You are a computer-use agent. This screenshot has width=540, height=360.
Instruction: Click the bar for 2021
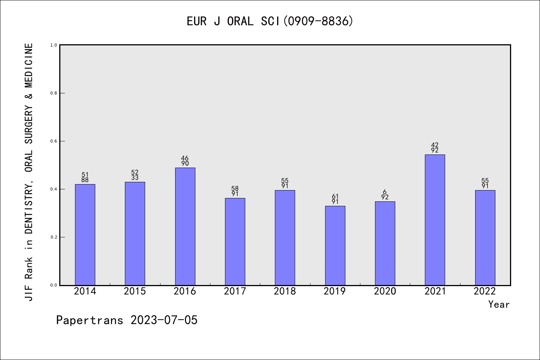pos(435,220)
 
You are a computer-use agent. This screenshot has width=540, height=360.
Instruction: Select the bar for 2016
pos(185,226)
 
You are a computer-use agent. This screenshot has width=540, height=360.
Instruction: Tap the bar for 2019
pos(335,246)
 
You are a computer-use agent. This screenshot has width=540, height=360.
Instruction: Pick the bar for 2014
pos(85,234)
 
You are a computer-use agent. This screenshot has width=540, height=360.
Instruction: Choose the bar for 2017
pos(235,241)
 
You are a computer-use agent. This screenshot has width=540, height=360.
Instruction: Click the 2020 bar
pos(385,243)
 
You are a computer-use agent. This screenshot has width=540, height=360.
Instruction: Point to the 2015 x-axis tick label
pos(135,291)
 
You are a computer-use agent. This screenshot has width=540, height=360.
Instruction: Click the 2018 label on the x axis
pos(285,291)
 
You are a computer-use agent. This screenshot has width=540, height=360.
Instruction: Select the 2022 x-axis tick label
pos(485,291)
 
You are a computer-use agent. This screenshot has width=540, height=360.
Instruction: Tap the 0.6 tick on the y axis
pos(54,141)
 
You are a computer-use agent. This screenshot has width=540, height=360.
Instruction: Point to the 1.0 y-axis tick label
pos(54,45)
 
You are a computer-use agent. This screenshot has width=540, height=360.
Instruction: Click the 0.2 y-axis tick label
pos(54,237)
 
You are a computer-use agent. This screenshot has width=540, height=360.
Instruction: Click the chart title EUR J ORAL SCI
pos(270,21)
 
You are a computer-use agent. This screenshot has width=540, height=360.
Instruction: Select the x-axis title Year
pos(499,304)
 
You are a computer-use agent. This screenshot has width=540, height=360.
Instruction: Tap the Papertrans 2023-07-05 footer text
pos(127,320)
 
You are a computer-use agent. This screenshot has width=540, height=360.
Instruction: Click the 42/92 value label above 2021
pos(435,148)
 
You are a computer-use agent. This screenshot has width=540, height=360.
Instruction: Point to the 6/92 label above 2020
pos(385,195)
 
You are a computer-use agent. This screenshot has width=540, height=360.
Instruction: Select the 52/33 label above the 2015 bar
pos(135,175)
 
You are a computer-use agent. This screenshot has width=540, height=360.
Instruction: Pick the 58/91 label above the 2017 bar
pos(235,191)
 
